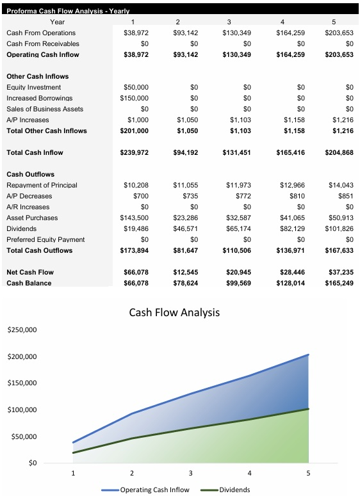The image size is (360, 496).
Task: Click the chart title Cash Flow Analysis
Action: click(x=174, y=312)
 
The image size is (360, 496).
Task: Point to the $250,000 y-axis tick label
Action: click(x=22, y=330)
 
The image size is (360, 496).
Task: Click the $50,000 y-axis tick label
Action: click(x=24, y=436)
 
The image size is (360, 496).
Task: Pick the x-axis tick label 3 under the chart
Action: click(x=190, y=474)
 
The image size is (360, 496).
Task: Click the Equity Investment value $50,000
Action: click(x=135, y=87)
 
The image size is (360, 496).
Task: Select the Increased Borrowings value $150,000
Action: click(x=133, y=98)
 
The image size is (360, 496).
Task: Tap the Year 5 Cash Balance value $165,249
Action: click(x=339, y=283)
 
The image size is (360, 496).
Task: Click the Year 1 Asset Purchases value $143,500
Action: click(x=133, y=218)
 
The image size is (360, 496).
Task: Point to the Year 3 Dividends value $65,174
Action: click(x=238, y=228)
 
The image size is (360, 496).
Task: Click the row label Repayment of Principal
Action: click(x=41, y=185)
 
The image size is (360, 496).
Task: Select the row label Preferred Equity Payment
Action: click(x=45, y=239)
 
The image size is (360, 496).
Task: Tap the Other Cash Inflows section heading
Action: click(x=37, y=76)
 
